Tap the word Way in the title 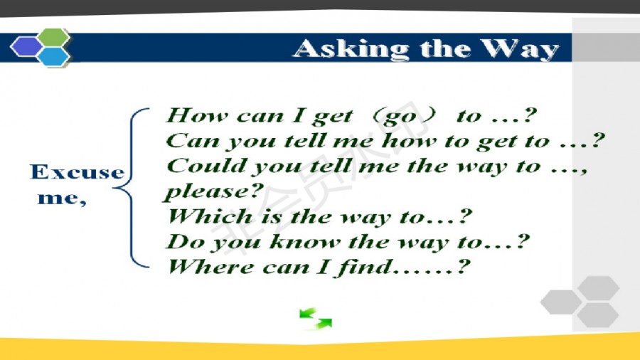519,49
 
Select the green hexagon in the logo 54,37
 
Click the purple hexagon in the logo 26,46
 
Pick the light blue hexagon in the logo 53,56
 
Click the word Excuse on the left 77,172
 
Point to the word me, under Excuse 62,198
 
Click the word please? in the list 214,192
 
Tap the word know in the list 304,242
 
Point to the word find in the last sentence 363,268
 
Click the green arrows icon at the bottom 316,318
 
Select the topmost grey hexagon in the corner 598,288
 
